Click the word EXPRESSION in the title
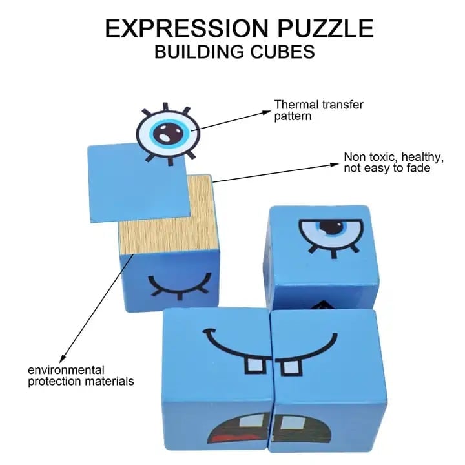click(x=187, y=28)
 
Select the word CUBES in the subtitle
click(x=283, y=52)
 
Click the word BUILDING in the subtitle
click(x=200, y=52)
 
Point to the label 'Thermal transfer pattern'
click(x=318, y=110)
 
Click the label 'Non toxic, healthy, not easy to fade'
click(x=393, y=162)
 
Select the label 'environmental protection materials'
click(x=81, y=375)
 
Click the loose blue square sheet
click(x=139, y=182)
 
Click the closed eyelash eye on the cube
click(x=180, y=285)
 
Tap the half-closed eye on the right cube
click(x=331, y=236)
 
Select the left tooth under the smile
click(x=254, y=365)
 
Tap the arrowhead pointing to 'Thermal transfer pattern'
click(x=265, y=112)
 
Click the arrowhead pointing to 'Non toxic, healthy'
click(x=334, y=165)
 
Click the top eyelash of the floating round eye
click(x=165, y=107)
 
